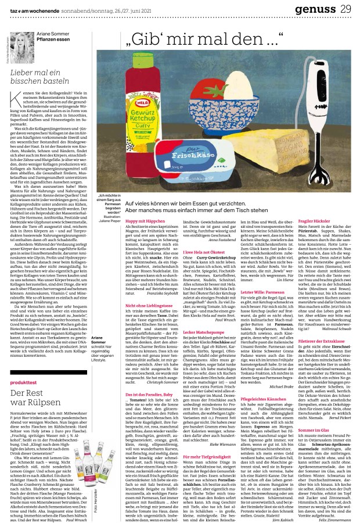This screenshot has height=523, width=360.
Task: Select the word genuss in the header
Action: click(318, 8)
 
